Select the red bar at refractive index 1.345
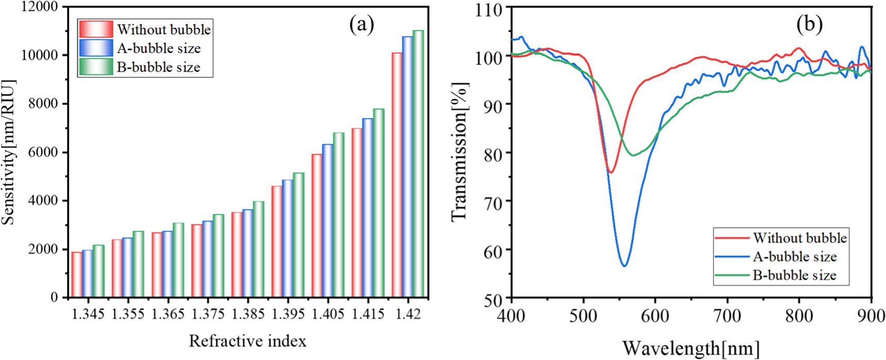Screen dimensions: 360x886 pyautogui.click(x=77, y=274)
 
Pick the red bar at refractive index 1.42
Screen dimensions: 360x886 pyautogui.click(x=397, y=175)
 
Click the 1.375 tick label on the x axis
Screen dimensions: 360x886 pyautogui.click(x=208, y=314)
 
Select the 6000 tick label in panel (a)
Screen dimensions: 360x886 pyautogui.click(x=44, y=153)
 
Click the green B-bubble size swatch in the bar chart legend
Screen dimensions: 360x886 pyautogui.click(x=96, y=67)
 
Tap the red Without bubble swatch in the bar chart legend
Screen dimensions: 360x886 pyautogui.click(x=96, y=29)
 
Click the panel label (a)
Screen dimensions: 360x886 pyautogui.click(x=361, y=24)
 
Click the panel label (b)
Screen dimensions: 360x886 pyautogui.click(x=809, y=24)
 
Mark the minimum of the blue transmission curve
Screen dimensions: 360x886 pyautogui.click(x=625, y=266)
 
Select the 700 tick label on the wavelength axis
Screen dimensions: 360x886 pyautogui.click(x=728, y=316)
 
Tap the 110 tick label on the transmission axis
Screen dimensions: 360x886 pyautogui.click(x=488, y=9)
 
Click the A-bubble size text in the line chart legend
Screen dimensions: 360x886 pyautogui.click(x=794, y=256)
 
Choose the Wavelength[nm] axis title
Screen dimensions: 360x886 pyautogui.click(x=690, y=348)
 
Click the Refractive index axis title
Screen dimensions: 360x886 pyautogui.click(x=248, y=341)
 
